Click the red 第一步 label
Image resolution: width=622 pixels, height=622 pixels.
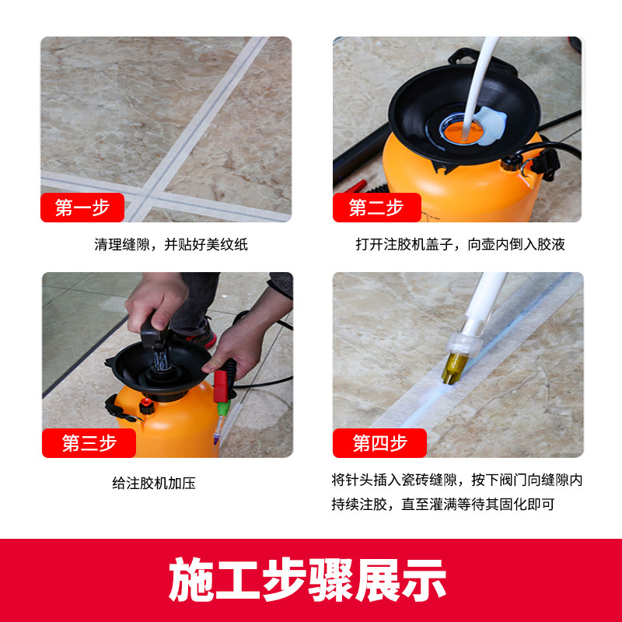(x=82, y=208)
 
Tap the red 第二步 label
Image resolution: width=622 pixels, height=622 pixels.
(x=376, y=208)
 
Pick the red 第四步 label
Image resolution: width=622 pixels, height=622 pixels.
(x=379, y=443)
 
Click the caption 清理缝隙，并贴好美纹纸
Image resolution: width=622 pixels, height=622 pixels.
(x=171, y=244)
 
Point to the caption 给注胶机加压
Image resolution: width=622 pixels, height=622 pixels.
(x=154, y=483)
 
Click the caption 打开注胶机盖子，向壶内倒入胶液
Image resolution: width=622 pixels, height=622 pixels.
(x=460, y=244)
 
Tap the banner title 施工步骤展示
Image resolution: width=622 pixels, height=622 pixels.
(x=309, y=578)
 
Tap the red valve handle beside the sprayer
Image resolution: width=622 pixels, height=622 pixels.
(x=222, y=383)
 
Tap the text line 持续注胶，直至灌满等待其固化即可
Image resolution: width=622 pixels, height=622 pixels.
(x=443, y=505)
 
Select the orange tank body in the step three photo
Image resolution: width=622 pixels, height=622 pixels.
(x=175, y=424)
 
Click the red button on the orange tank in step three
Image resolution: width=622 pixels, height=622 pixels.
(x=145, y=405)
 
